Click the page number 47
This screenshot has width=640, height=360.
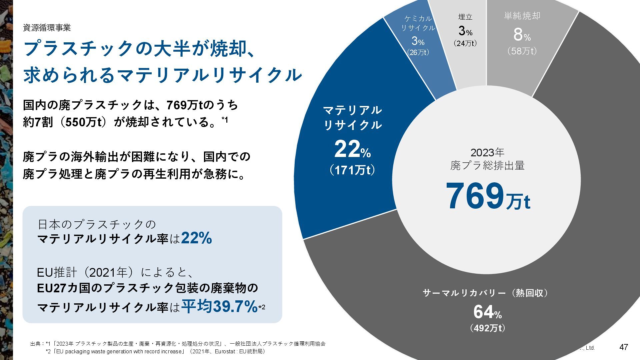pyautogui.click(x=623, y=347)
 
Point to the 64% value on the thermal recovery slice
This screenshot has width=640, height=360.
pyautogui.click(x=487, y=312)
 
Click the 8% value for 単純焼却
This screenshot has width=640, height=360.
pyautogui.click(x=522, y=34)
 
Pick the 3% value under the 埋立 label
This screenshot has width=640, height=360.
pyautogui.click(x=465, y=31)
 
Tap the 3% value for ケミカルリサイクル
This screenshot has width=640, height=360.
pyautogui.click(x=418, y=41)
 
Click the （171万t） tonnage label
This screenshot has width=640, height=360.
pyautogui.click(x=352, y=170)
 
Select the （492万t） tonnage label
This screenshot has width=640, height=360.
pyautogui.click(x=487, y=328)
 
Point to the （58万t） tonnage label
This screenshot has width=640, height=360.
pyautogui.click(x=522, y=51)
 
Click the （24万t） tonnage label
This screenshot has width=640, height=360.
pyautogui.click(x=465, y=43)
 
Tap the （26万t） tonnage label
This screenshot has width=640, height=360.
pyautogui.click(x=418, y=52)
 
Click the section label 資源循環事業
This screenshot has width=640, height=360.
pyautogui.click(x=47, y=28)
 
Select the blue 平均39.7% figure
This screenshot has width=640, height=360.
pyautogui.click(x=219, y=306)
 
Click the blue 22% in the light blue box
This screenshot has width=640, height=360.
pyautogui.click(x=196, y=238)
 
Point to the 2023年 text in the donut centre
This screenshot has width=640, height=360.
pyautogui.click(x=487, y=153)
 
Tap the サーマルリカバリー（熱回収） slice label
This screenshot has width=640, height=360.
pyautogui.click(x=485, y=293)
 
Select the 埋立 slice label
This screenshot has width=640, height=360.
pyautogui.click(x=465, y=17)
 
